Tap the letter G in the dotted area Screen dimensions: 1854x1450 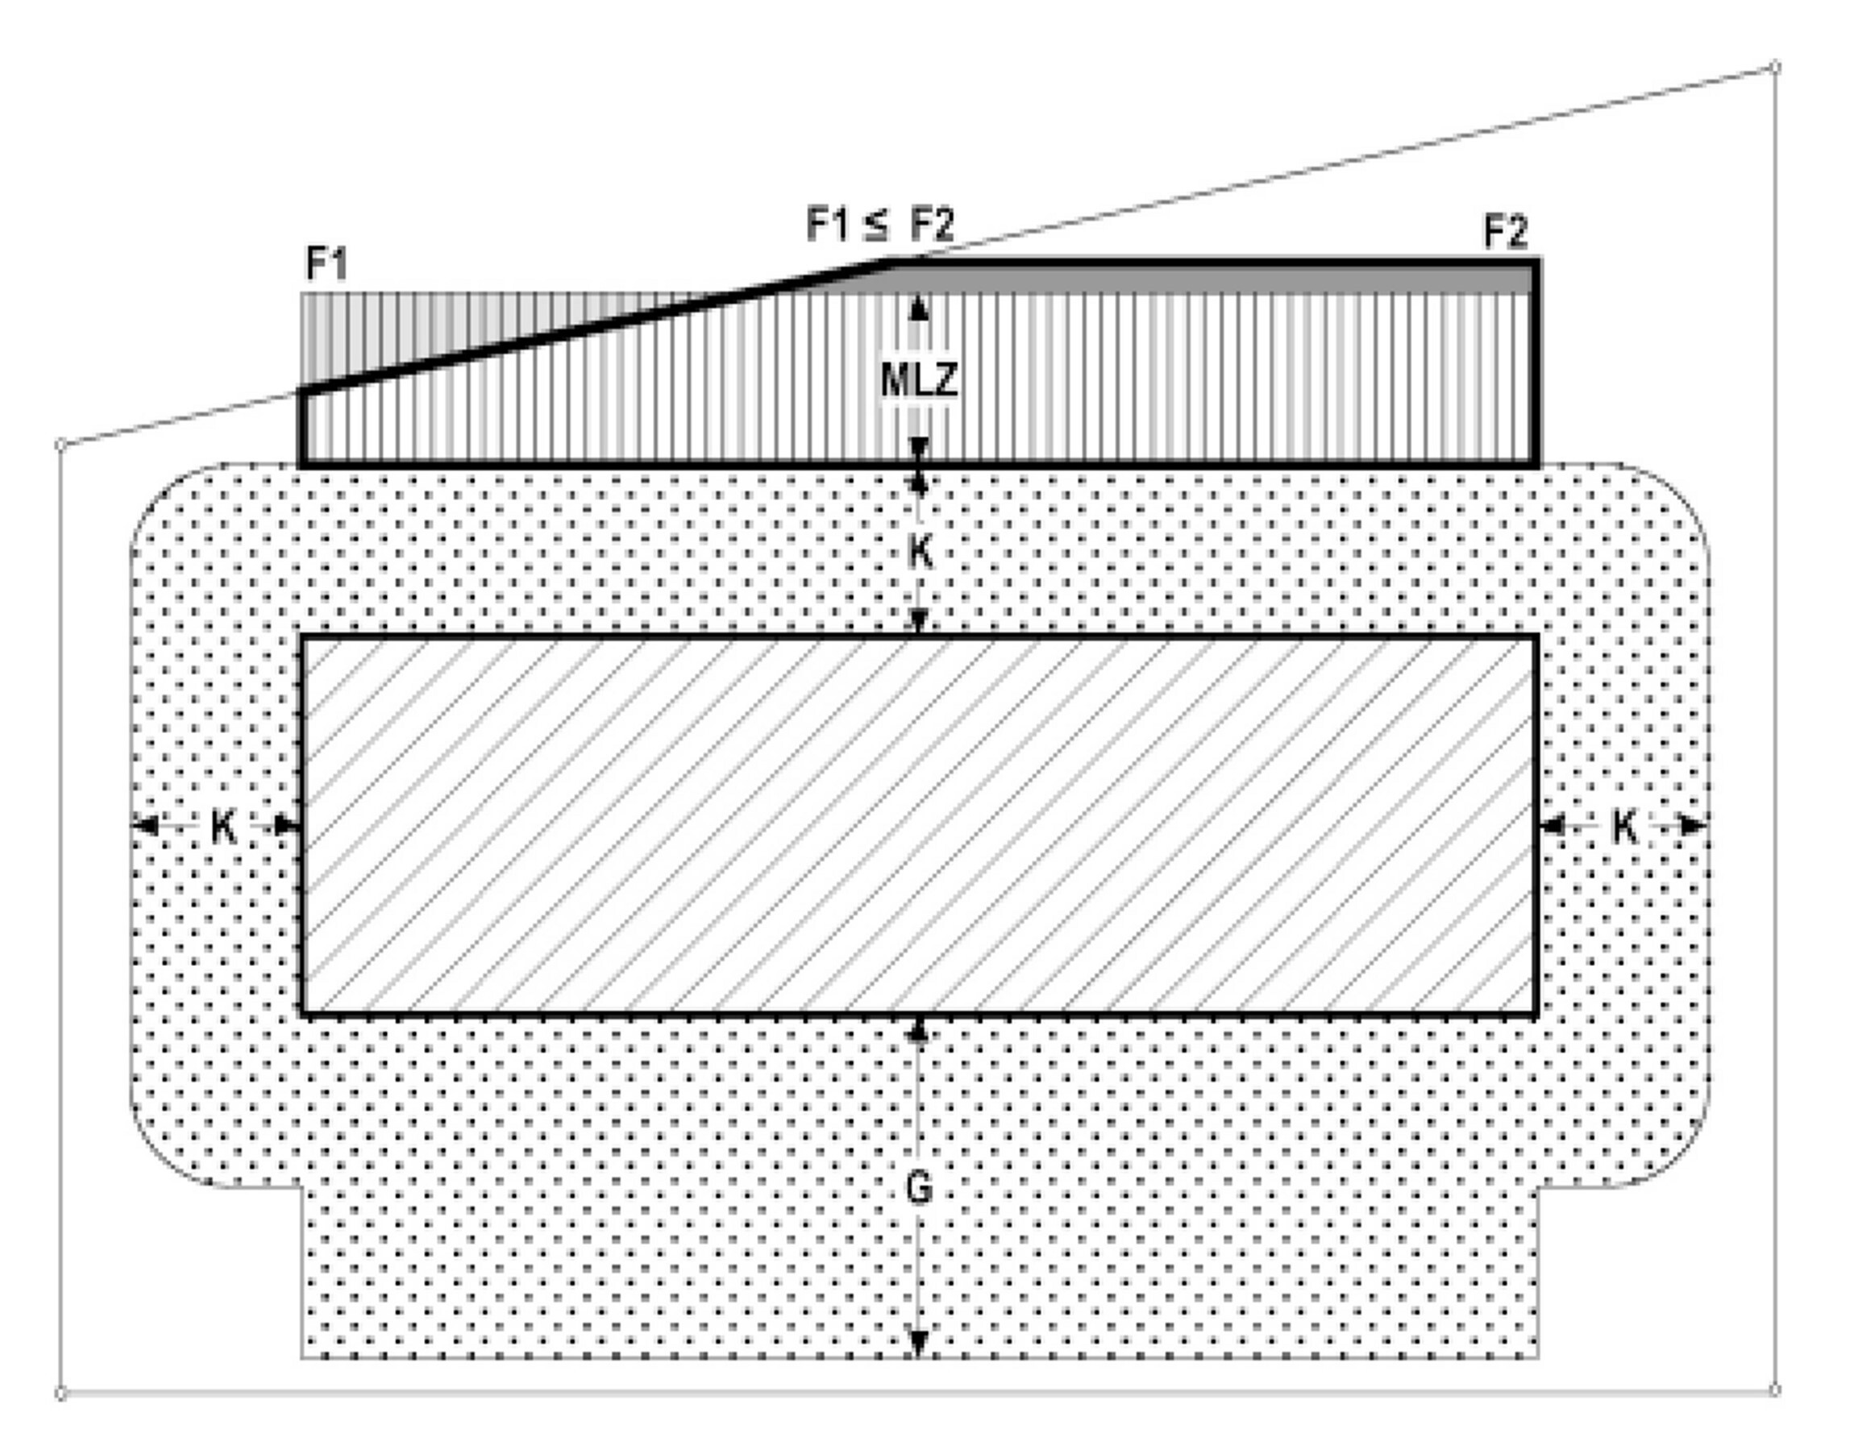[x=919, y=1187]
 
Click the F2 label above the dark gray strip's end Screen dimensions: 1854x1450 [x=1505, y=231]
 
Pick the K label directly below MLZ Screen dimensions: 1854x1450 [x=920, y=553]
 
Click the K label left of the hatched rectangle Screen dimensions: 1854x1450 [x=222, y=825]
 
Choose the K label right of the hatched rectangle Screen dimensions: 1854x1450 [x=1623, y=825]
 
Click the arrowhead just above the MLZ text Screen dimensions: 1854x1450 [x=919, y=307]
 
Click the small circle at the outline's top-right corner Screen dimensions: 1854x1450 [x=1775, y=67]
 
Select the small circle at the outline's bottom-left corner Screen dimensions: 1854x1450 [x=60, y=1393]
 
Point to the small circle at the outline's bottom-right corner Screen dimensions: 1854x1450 [x=1775, y=1389]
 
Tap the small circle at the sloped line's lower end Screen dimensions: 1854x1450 [x=60, y=443]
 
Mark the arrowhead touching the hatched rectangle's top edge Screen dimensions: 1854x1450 [x=919, y=622]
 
